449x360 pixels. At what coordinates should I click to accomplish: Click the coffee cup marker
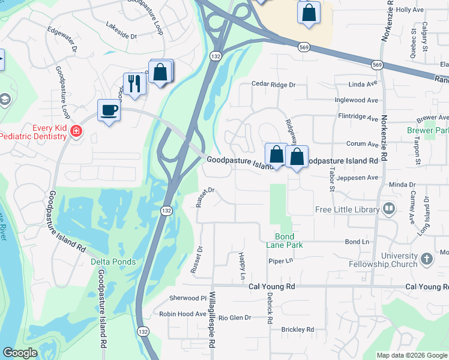pyautogui.click(x=109, y=110)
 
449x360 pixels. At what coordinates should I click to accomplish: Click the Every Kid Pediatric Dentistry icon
pyautogui.click(x=76, y=131)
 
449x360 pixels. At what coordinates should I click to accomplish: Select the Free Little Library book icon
pyautogui.click(x=388, y=209)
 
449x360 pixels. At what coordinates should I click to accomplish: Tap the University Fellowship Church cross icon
pyautogui.click(x=426, y=259)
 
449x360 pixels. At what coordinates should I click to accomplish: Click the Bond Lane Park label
pyautogui.click(x=285, y=241)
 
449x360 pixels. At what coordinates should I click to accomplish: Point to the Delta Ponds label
pyautogui.click(x=113, y=262)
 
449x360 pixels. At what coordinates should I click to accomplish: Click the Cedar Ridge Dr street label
pyautogui.click(x=274, y=85)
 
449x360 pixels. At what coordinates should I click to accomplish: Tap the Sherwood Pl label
pyautogui.click(x=188, y=298)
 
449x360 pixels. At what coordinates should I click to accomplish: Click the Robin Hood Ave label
pyautogui.click(x=182, y=314)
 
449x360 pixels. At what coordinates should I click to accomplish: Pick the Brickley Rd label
pyautogui.click(x=298, y=329)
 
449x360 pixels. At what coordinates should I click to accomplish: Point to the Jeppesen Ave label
pyautogui.click(x=358, y=178)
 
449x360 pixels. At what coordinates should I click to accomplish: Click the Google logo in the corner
pyautogui.click(x=20, y=353)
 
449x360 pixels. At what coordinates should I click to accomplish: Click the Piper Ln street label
pyautogui.click(x=280, y=260)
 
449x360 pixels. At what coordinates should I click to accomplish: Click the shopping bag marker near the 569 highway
pyautogui.click(x=309, y=13)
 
